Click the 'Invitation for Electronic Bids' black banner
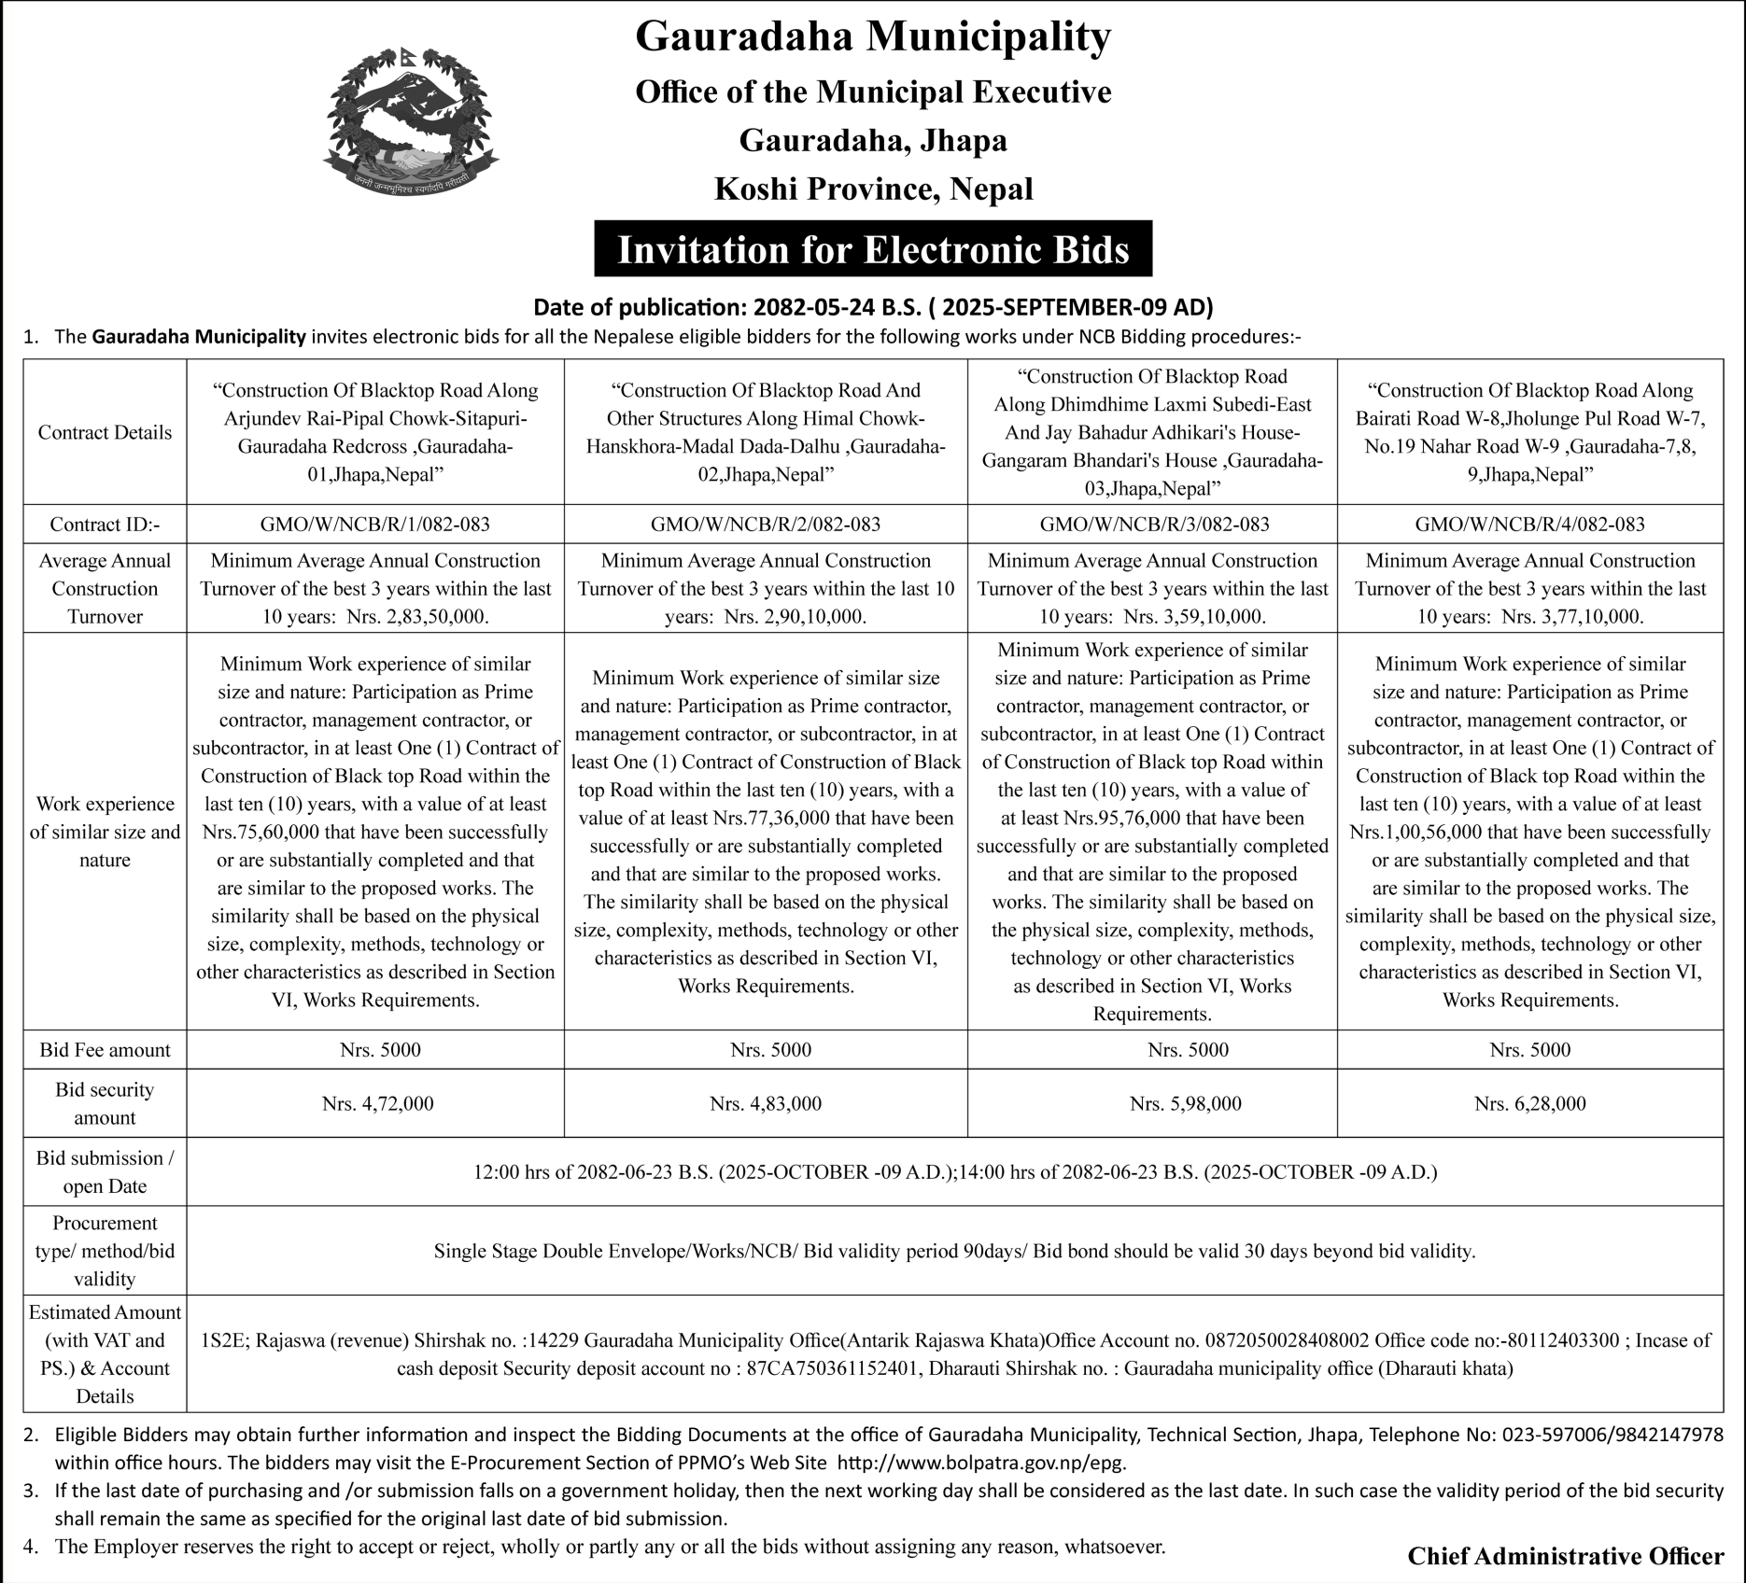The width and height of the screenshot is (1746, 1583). pos(873,249)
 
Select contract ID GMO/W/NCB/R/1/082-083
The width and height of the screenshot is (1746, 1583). pos(374,525)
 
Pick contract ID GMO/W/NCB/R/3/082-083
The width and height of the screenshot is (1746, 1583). pos(1154,525)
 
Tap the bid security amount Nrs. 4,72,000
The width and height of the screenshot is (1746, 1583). pos(377,1103)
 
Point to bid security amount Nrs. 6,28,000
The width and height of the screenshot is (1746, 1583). pos(1529,1103)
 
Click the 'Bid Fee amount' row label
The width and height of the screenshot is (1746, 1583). pos(105,1050)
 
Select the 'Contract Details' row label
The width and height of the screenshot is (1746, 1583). pos(105,432)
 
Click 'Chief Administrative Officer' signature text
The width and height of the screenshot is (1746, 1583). pos(1565,1556)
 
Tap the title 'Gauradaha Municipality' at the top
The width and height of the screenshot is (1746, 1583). pos(873,37)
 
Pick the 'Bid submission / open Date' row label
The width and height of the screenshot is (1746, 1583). pos(105,1171)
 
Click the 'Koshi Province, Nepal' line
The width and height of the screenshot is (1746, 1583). pos(873,189)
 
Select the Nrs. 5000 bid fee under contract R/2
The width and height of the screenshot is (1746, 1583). pos(770,1050)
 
